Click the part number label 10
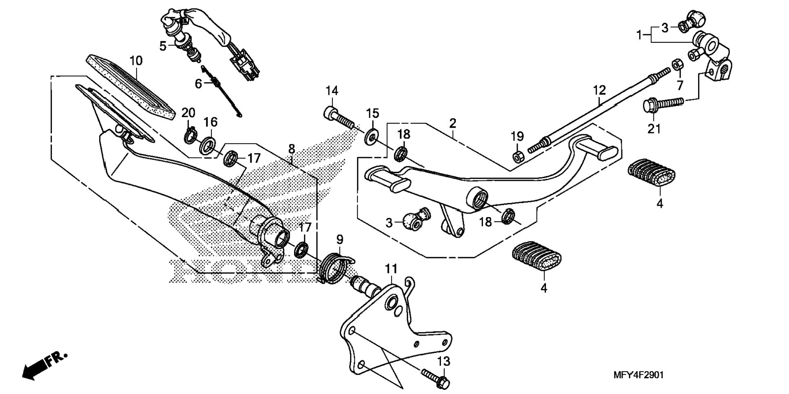click(136, 61)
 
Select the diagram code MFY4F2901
click(638, 375)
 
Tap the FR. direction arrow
click(44, 365)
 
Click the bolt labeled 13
click(436, 378)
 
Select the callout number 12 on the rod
click(599, 90)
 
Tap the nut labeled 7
click(677, 65)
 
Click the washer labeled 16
click(208, 146)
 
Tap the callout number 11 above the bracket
click(391, 269)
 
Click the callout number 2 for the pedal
click(452, 123)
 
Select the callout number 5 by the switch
click(162, 46)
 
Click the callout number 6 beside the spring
click(198, 84)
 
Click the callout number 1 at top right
click(639, 35)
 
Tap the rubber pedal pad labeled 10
click(131, 87)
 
